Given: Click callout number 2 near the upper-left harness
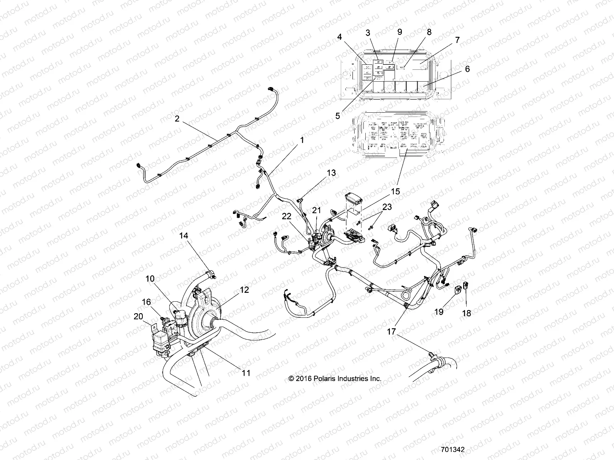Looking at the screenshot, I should click(177, 119).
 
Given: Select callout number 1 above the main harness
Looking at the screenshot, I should click(302, 140).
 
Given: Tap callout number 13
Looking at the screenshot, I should click(331, 173).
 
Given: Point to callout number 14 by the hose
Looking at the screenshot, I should click(184, 235).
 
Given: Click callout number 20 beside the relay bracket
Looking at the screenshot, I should click(138, 316).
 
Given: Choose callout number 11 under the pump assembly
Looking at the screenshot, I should click(246, 373).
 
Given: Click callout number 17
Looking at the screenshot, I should click(391, 332).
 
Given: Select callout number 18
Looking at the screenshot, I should click(466, 313).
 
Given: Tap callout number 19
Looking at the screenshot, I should click(439, 312).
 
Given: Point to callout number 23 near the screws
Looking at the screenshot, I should click(387, 207).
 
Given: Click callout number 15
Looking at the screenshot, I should click(395, 191).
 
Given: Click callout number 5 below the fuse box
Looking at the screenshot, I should click(337, 115).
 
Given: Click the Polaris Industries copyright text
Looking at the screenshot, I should click(335, 379).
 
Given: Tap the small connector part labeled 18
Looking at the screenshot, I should click(465, 286).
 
